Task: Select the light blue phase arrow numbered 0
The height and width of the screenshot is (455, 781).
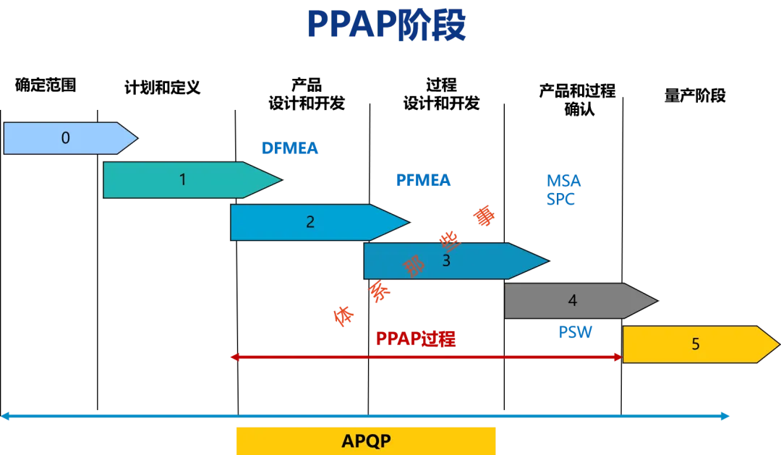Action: (x=69, y=138)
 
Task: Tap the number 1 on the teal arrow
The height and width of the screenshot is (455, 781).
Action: (x=182, y=179)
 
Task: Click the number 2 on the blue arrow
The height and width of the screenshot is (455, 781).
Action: (x=310, y=222)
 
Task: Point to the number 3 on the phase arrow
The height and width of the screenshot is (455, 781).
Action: (x=446, y=261)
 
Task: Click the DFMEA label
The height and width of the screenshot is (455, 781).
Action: (x=290, y=149)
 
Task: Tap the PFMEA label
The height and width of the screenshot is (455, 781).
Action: (x=422, y=182)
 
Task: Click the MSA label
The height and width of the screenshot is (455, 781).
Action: (x=563, y=182)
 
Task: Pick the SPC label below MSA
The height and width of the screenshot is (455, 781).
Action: (x=561, y=199)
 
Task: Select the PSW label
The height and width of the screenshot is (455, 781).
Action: (x=575, y=333)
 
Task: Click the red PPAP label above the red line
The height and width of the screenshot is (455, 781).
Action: (x=416, y=338)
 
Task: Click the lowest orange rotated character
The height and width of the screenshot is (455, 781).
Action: (x=343, y=315)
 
